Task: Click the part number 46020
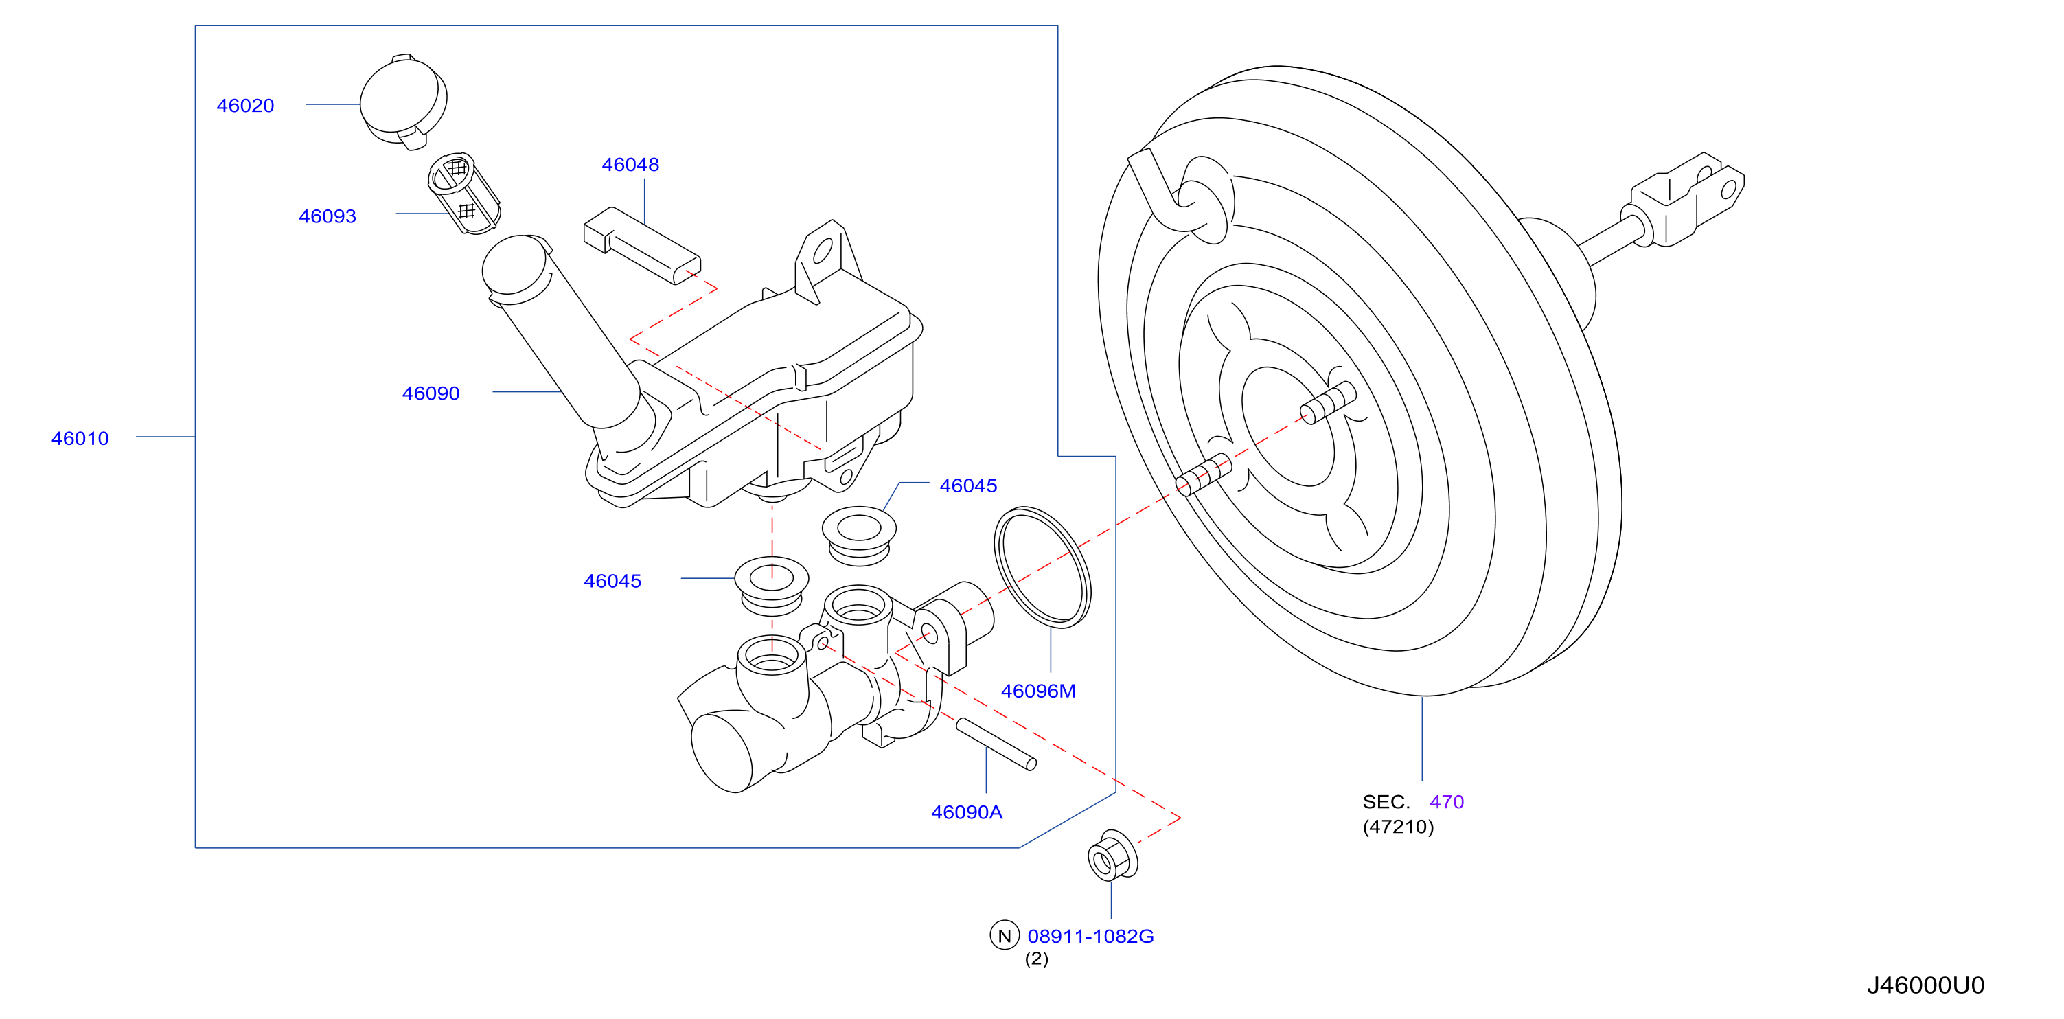245,106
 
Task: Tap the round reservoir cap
403,102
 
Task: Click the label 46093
327,216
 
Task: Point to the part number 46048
630,165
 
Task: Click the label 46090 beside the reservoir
431,393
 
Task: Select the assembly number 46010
80,438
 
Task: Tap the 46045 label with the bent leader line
969,485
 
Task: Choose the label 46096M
1038,691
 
